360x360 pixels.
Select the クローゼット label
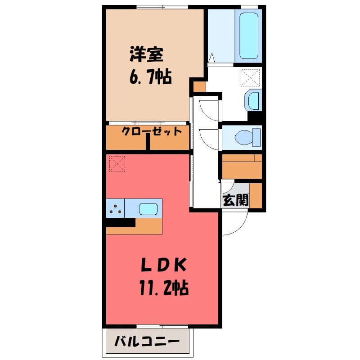pos(152,131)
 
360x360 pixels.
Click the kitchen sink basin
pos(148,208)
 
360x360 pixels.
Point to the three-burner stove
pos(115,208)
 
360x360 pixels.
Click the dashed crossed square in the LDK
pos(117,163)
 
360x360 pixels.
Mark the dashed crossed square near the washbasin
pos(250,77)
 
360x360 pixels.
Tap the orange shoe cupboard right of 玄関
pos(256,194)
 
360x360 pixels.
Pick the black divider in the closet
pos(148,142)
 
